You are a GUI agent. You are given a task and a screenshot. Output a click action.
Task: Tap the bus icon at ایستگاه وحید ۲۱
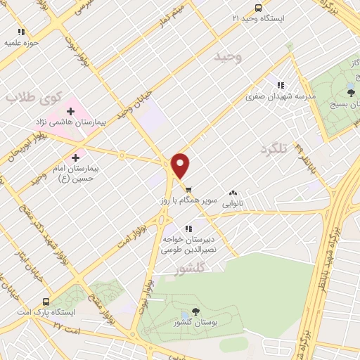(258, 8)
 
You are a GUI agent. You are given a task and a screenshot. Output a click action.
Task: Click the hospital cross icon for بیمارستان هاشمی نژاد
(71, 110)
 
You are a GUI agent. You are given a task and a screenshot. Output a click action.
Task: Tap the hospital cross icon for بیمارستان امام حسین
(76, 157)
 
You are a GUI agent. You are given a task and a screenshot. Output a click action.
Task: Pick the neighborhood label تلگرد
(274, 149)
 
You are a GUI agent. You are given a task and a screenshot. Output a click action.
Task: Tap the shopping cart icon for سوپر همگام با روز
(188, 188)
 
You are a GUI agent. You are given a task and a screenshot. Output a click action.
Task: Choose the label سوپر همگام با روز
(188, 200)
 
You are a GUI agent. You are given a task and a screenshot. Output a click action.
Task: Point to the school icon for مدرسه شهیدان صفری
(281, 85)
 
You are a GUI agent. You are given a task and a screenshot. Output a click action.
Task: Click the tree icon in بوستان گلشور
(195, 311)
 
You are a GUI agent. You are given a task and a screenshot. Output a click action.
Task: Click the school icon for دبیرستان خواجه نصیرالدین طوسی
(187, 228)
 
